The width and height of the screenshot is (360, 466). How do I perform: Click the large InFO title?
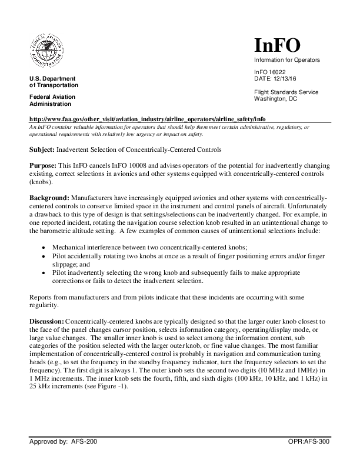coord(277,45)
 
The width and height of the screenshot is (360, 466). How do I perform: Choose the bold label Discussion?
coord(47,321)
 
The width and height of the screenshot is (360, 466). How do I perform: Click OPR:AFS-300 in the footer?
coord(309,457)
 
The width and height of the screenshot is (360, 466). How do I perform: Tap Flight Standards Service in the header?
coord(286,92)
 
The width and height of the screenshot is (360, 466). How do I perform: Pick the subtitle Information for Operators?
coord(286,60)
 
